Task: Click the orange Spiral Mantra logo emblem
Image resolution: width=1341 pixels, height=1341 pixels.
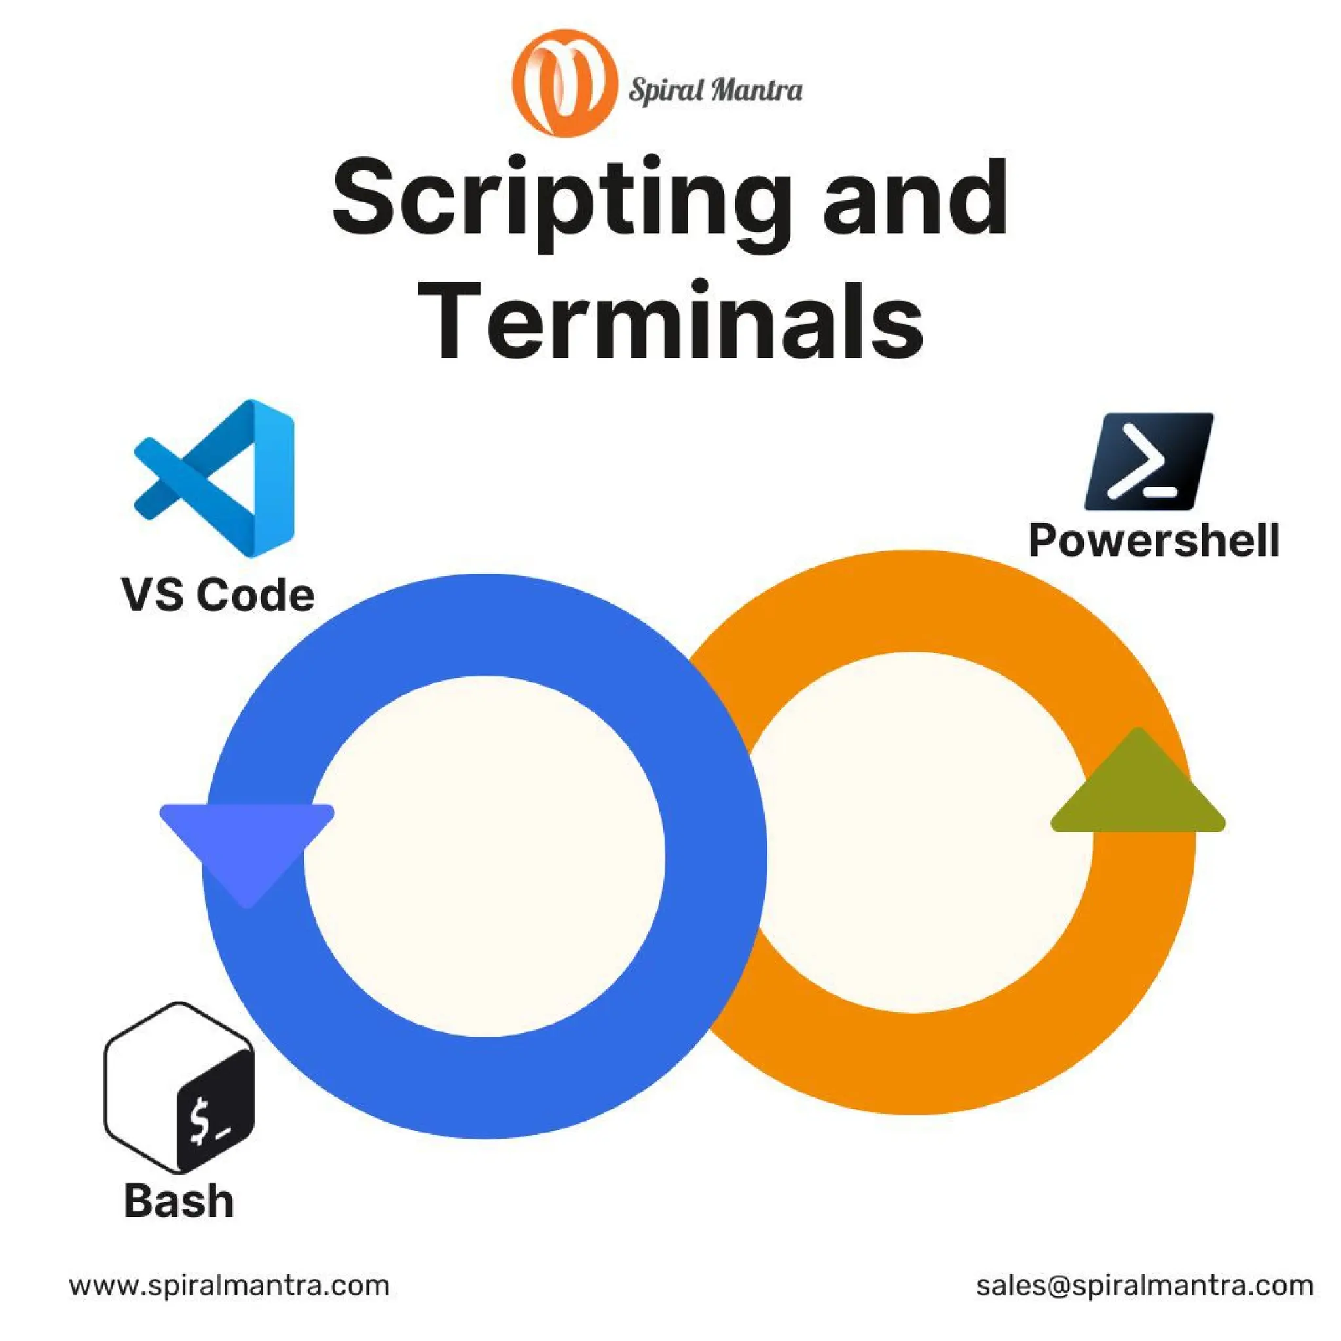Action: (x=564, y=83)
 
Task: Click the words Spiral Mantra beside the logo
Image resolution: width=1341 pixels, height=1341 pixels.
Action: (x=716, y=91)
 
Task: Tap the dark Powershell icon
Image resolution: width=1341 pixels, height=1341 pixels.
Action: (x=1148, y=462)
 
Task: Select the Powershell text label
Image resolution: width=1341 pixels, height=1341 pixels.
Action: (x=1154, y=541)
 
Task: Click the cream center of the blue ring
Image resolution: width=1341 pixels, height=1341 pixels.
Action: (x=485, y=856)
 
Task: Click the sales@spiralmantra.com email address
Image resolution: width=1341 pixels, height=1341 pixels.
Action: (x=1144, y=1285)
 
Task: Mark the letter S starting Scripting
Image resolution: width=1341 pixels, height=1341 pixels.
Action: (x=367, y=197)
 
